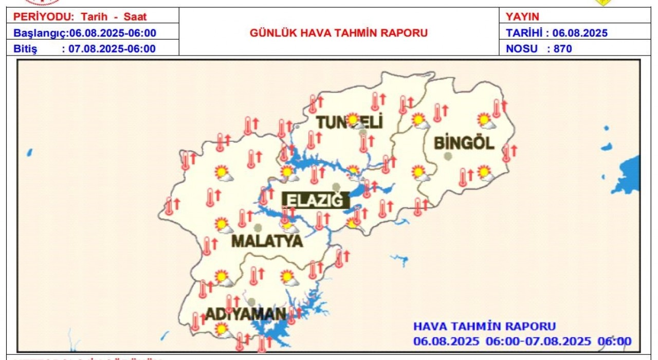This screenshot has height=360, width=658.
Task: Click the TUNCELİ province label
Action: tap(350, 122)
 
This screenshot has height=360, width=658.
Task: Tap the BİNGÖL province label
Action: tap(464, 142)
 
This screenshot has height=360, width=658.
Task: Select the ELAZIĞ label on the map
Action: tap(313, 200)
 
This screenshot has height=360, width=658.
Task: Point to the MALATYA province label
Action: tap(267, 241)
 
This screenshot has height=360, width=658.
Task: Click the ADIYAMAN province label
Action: tap(246, 314)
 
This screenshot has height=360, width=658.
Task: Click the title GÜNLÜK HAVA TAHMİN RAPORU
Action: tap(339, 33)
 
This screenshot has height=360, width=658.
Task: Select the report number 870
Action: tap(563, 49)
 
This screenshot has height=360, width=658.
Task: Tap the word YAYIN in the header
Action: tap(523, 16)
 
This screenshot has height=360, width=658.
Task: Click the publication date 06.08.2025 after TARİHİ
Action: tap(580, 33)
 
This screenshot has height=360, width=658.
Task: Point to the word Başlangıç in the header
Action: tap(39, 33)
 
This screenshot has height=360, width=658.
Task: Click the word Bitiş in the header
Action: tap(25, 49)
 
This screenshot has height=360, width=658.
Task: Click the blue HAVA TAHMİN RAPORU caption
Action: tap(484, 326)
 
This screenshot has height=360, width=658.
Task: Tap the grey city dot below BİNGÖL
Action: tap(448, 156)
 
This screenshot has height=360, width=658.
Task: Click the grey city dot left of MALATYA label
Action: tap(257, 227)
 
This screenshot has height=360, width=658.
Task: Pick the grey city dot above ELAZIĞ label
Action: tap(336, 187)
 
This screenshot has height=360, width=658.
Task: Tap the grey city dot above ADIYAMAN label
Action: tap(251, 301)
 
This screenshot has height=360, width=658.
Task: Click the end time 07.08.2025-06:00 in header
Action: tap(112, 49)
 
